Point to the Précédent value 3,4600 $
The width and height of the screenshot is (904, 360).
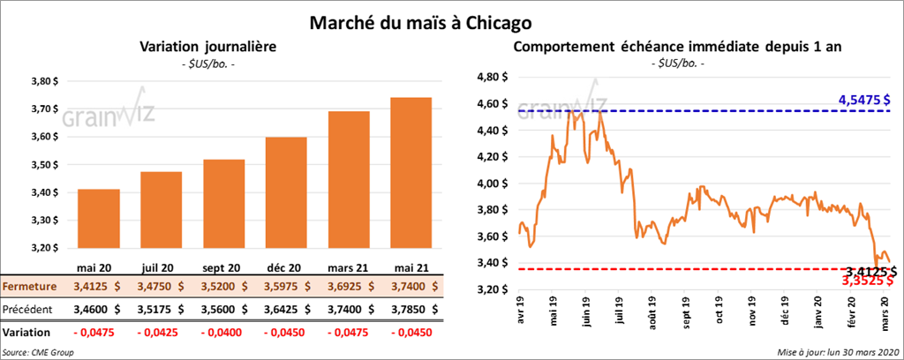(98, 310)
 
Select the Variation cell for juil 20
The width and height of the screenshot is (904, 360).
(160, 333)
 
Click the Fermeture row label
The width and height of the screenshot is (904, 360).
(30, 287)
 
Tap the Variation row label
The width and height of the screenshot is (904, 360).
(26, 333)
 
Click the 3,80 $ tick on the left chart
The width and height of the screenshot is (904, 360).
(41, 81)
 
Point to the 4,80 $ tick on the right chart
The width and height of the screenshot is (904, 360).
(491, 77)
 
